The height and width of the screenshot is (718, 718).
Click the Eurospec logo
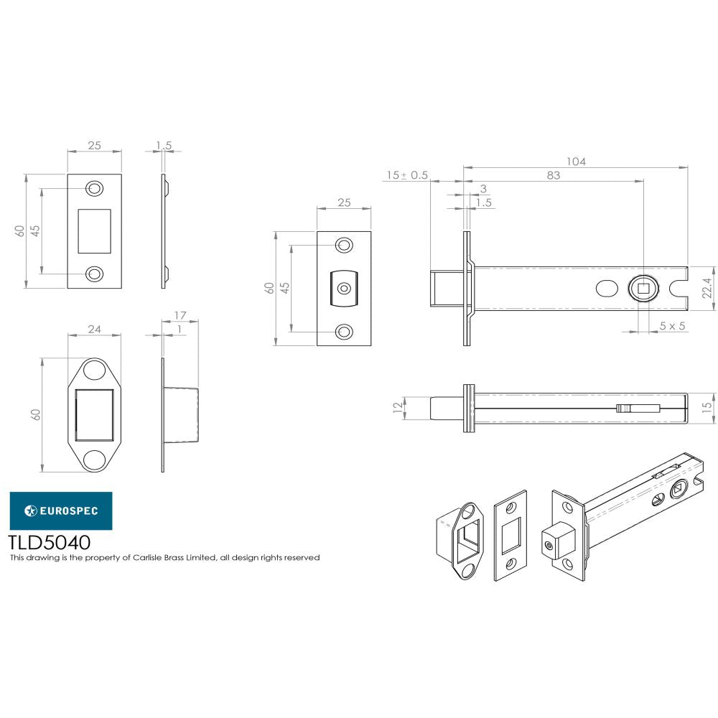pyautogui.click(x=60, y=510)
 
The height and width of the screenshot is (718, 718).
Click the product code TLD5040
pyautogui.click(x=49, y=541)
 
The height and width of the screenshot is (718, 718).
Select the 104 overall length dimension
pyautogui.click(x=576, y=162)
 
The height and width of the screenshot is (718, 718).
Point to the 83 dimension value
pyautogui.click(x=553, y=175)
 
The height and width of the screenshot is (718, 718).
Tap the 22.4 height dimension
pyautogui.click(x=707, y=288)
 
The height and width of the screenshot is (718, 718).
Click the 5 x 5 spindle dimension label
pyautogui.click(x=673, y=325)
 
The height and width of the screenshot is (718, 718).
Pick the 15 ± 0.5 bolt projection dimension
pyautogui.click(x=407, y=175)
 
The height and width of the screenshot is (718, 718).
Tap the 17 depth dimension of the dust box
pyautogui.click(x=180, y=315)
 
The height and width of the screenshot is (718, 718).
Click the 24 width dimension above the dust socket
pyautogui.click(x=95, y=329)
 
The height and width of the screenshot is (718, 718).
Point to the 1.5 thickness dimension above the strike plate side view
pyautogui.click(x=164, y=146)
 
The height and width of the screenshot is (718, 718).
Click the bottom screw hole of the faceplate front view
pyautogui.click(x=345, y=331)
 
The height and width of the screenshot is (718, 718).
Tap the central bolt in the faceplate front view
pyautogui.click(x=345, y=289)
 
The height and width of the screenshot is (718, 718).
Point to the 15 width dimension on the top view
pyautogui.click(x=707, y=406)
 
